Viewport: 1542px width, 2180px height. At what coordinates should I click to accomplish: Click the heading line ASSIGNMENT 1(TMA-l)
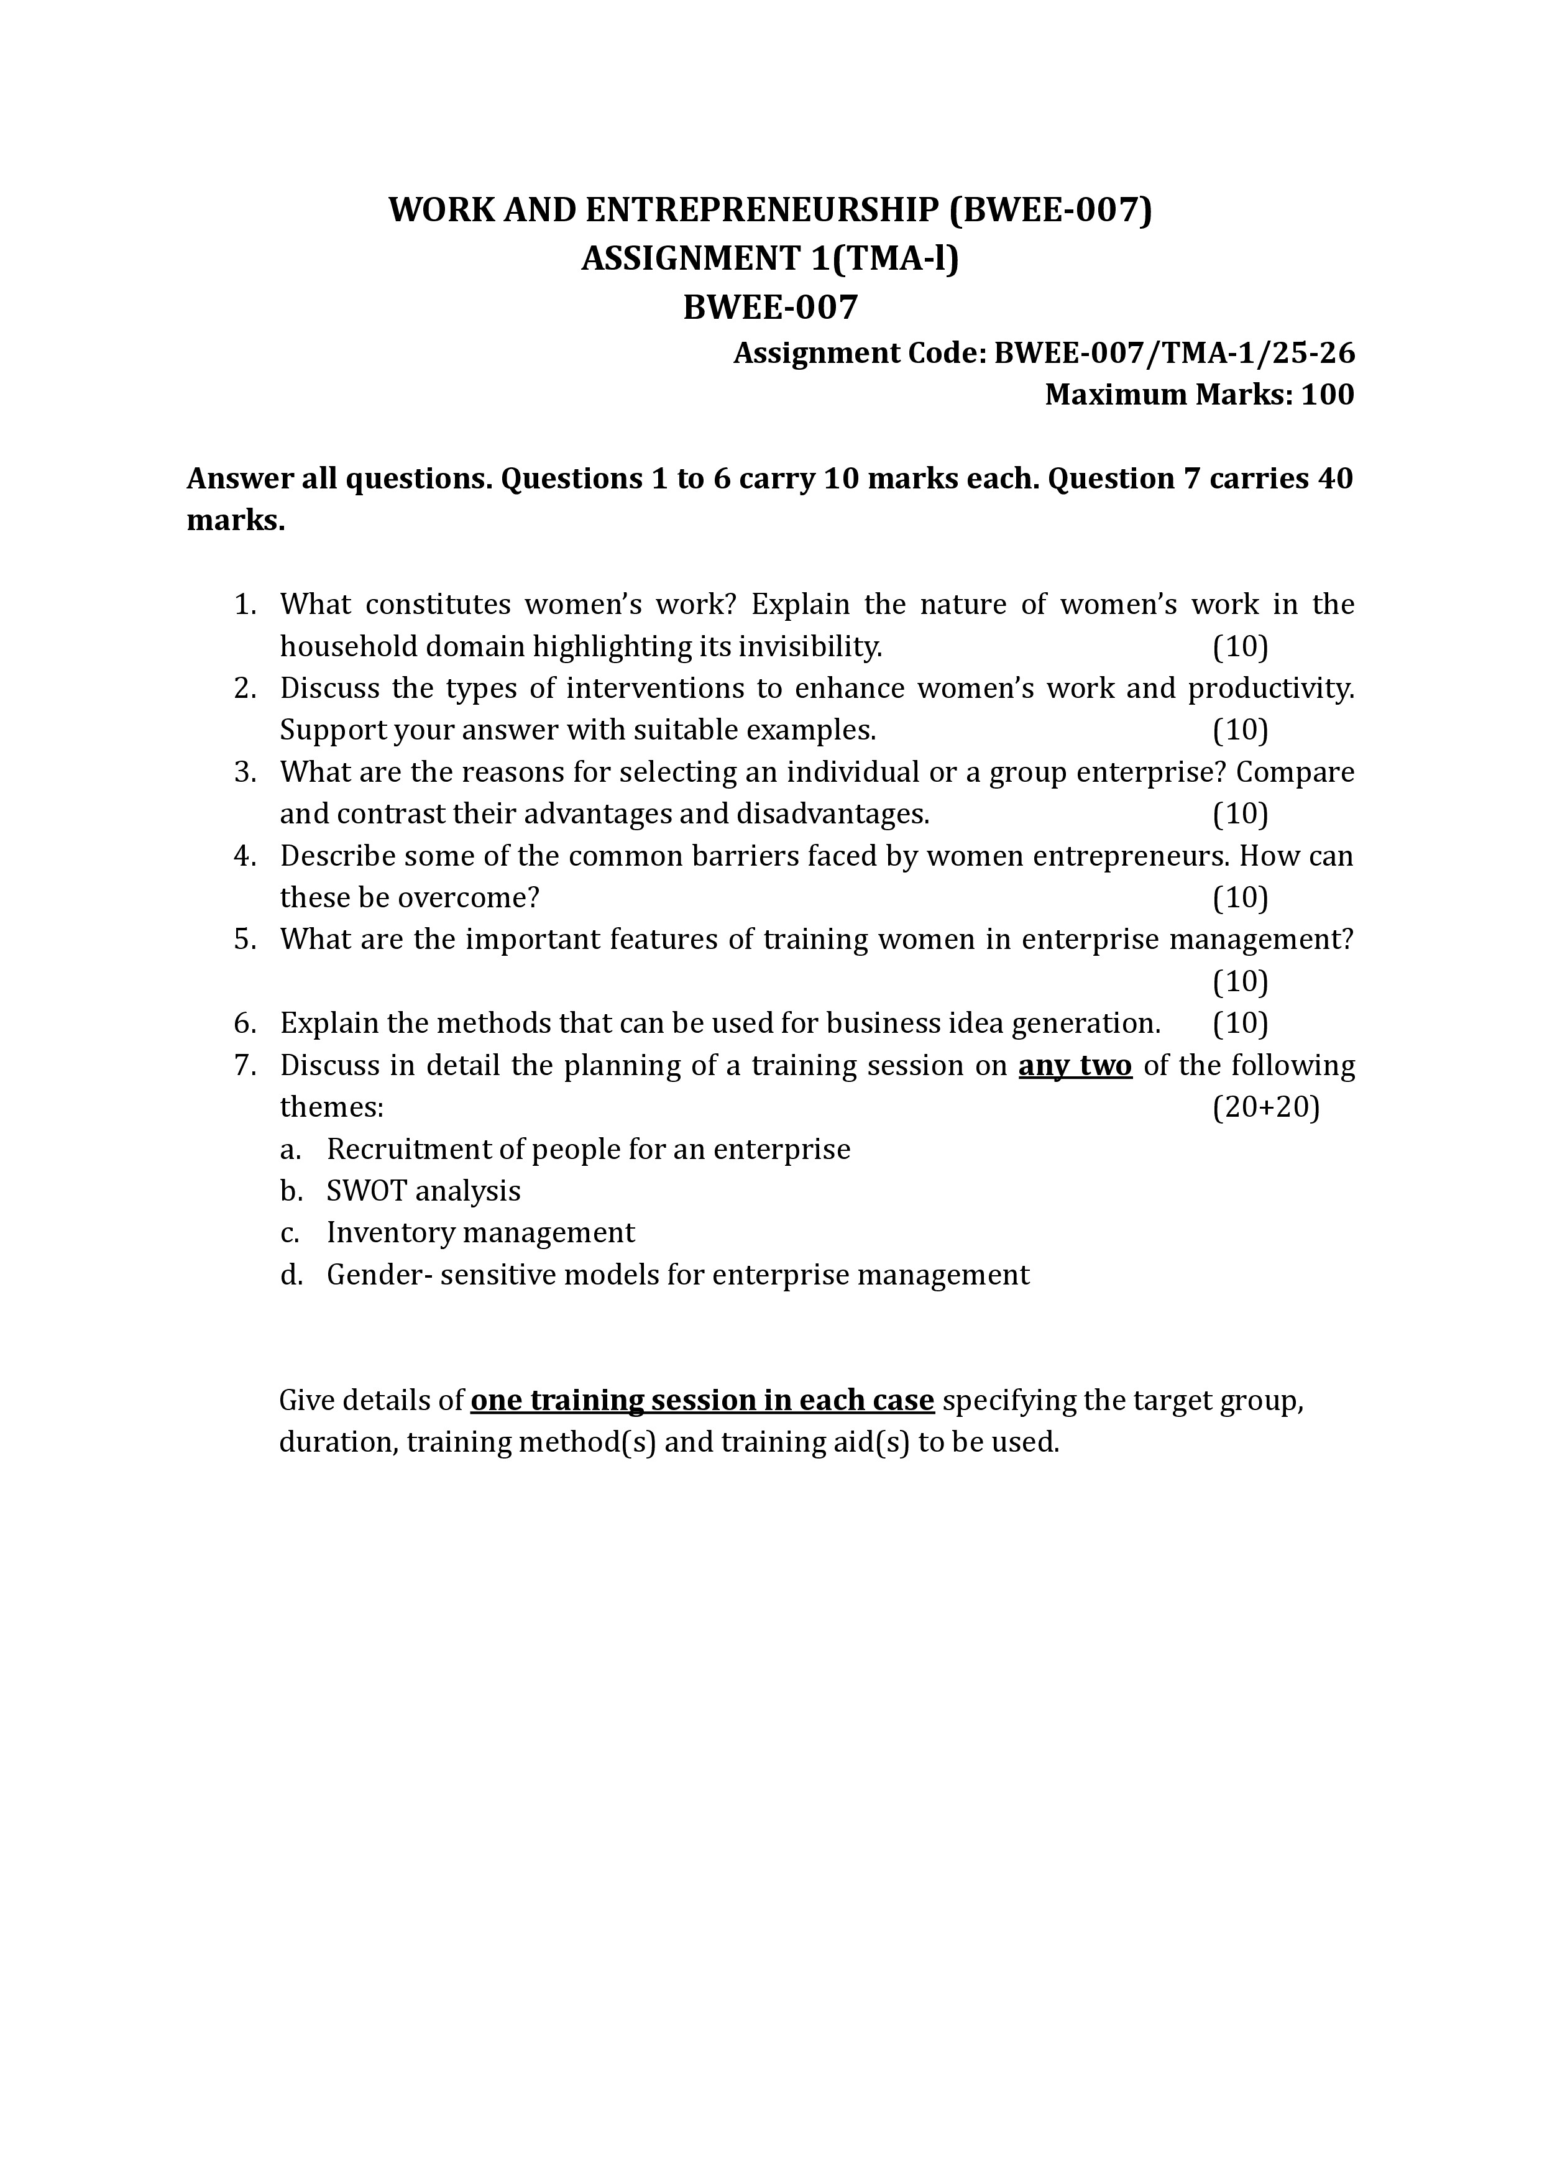pyautogui.click(x=770, y=259)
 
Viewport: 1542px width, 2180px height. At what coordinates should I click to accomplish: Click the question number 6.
pyautogui.click(x=245, y=1023)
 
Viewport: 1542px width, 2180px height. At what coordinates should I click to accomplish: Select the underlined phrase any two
pyautogui.click(x=1075, y=1065)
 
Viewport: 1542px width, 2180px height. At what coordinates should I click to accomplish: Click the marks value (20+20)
pyautogui.click(x=1265, y=1107)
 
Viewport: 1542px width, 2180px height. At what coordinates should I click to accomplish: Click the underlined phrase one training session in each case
pyautogui.click(x=703, y=1401)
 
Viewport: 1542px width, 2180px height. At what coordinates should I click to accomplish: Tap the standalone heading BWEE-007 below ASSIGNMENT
pyautogui.click(x=770, y=307)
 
